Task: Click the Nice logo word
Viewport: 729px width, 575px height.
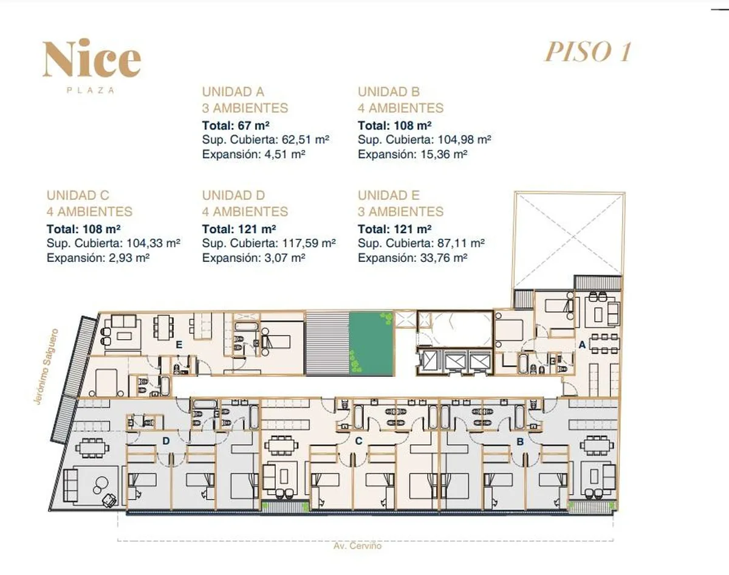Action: [92, 58]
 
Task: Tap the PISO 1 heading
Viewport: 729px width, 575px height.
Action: [588, 52]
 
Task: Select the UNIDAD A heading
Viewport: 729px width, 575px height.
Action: [233, 92]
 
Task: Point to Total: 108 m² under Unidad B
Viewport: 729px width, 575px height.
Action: [395, 126]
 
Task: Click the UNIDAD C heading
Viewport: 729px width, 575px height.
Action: [78, 196]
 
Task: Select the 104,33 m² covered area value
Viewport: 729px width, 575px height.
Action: [154, 243]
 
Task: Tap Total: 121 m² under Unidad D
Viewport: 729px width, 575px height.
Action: [239, 230]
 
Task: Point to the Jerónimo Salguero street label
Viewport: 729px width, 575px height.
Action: [46, 366]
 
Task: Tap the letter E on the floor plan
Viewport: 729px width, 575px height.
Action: [179, 345]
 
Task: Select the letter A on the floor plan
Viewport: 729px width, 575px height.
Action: [582, 345]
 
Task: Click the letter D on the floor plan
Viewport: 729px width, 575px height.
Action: [166, 441]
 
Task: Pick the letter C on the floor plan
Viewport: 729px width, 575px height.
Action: [359, 441]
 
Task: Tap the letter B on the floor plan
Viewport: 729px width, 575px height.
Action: [521, 442]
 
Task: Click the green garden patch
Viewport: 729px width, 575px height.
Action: [371, 344]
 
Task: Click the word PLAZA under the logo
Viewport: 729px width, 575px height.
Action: [91, 91]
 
